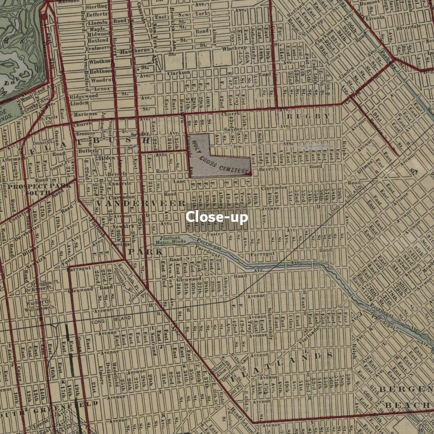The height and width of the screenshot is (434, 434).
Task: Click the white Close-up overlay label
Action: tap(217, 217)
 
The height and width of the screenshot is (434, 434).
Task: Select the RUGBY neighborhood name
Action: tap(308, 116)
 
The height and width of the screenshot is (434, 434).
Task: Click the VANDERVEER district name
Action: tap(141, 203)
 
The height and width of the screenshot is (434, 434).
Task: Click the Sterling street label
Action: tap(96, 7)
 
